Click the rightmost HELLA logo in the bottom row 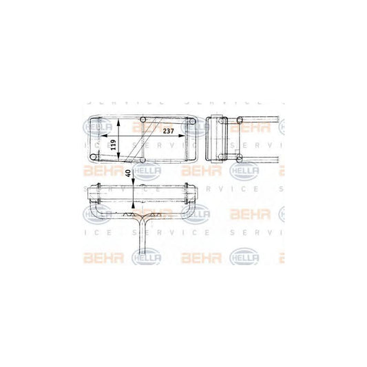pos(244,258)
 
